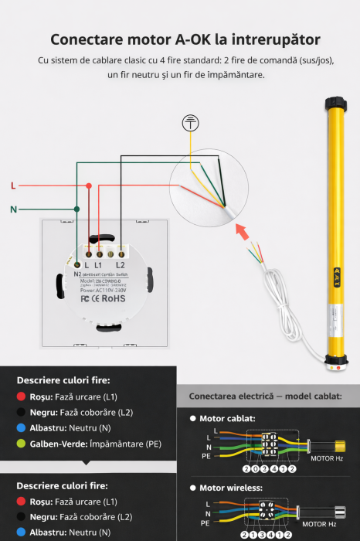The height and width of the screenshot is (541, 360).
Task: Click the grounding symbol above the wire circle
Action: [x=190, y=124]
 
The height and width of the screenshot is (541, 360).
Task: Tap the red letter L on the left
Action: [x=13, y=185]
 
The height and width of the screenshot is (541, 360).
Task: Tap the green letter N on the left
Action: [x=13, y=209]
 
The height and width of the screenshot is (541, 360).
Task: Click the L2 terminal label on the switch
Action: [x=120, y=265]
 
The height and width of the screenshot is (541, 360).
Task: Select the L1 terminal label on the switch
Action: [x=98, y=265]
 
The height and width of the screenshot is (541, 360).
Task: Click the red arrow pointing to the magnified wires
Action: [x=242, y=230]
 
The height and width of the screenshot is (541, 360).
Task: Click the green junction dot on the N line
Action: [x=76, y=209]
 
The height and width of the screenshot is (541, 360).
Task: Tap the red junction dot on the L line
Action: [x=90, y=185]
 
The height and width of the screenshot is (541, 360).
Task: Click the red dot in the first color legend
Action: [x=22, y=396]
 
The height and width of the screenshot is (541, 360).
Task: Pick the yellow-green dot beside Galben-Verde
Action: [x=22, y=444]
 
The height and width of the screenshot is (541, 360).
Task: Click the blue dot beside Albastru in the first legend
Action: [x=22, y=428]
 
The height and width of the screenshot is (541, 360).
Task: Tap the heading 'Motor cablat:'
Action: [x=228, y=418]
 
